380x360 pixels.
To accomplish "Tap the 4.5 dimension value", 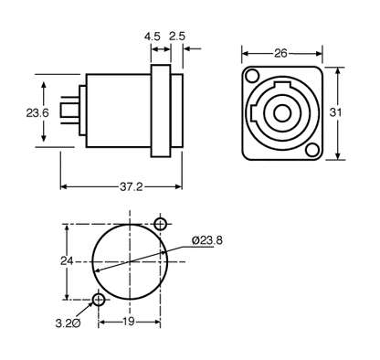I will tap(153, 37).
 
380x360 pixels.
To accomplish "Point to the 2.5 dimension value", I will tap(178, 37).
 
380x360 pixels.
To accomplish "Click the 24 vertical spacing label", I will tap(66, 260).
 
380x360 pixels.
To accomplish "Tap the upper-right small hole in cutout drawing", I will tap(161, 224).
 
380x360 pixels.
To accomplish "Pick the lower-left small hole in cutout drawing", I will tap(99, 300).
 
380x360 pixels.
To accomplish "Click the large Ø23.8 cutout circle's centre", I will tap(130, 262).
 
